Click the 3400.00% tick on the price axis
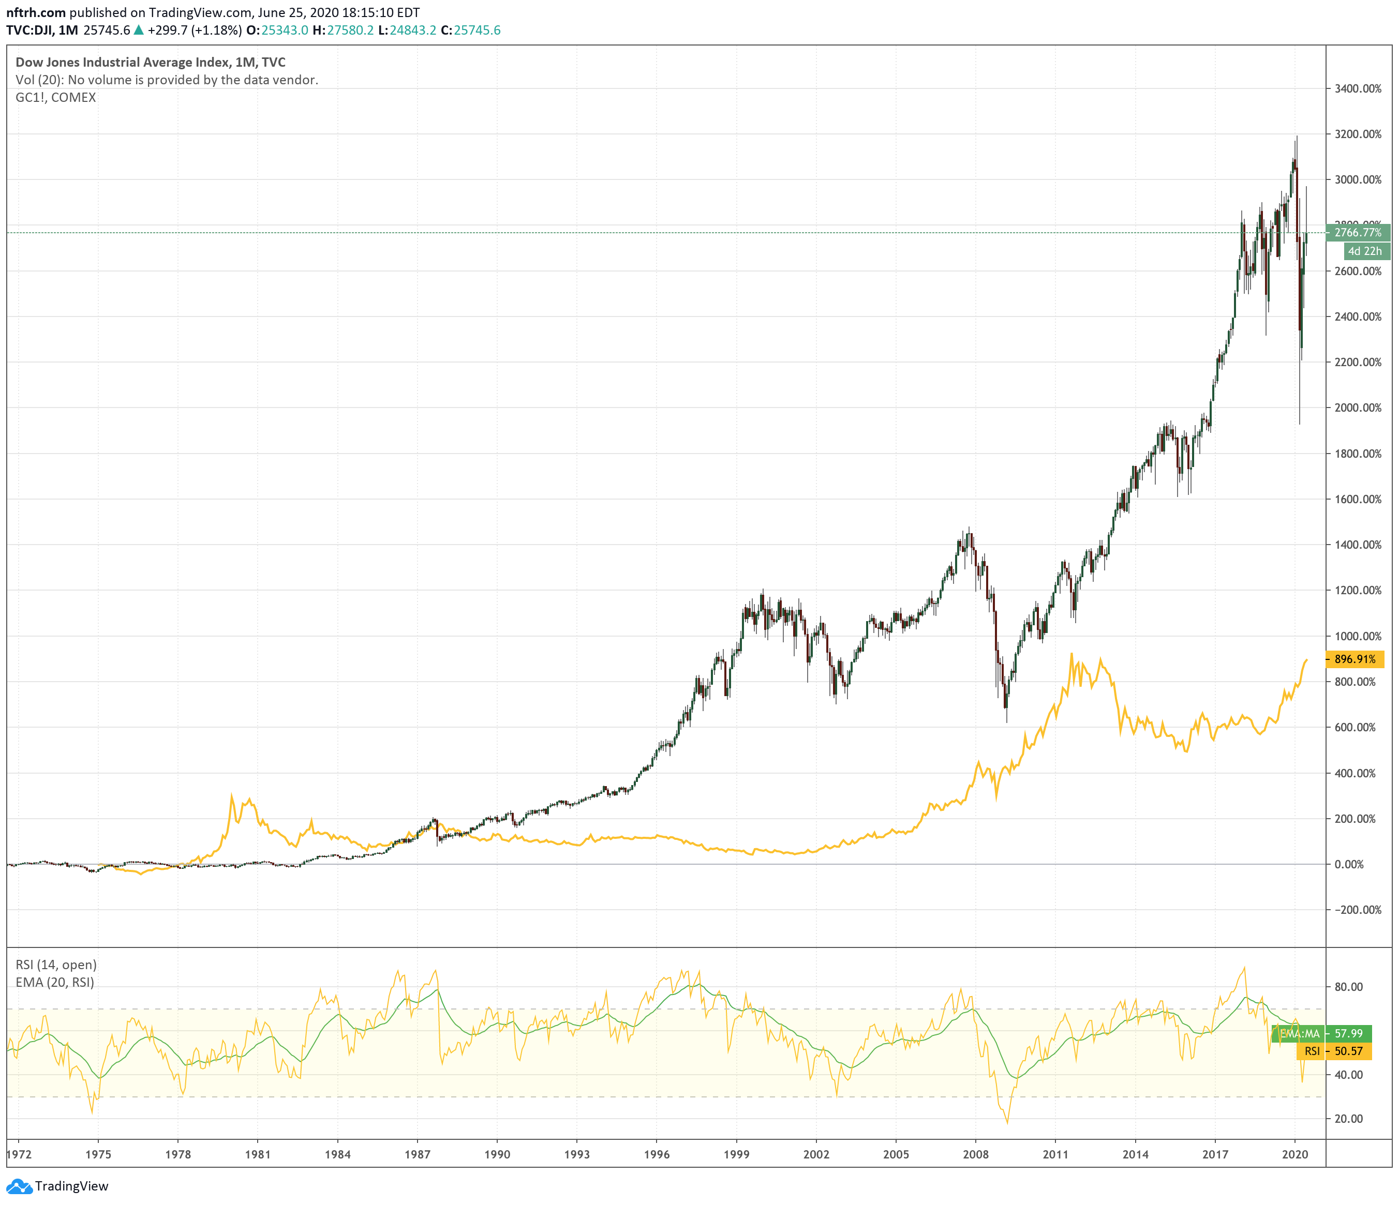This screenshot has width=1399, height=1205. [x=1357, y=88]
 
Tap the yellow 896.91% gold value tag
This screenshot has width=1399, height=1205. [x=1355, y=659]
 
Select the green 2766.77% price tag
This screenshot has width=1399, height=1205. [x=1357, y=232]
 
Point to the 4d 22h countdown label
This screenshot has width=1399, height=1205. [x=1364, y=251]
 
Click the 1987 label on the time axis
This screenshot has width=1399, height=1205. [x=418, y=1154]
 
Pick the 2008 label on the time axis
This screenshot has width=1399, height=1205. [x=976, y=1154]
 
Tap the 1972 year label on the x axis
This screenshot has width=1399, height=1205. [x=19, y=1154]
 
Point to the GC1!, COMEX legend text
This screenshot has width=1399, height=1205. [x=55, y=97]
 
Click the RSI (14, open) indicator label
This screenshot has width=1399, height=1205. [x=55, y=965]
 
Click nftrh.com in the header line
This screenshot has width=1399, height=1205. [x=36, y=12]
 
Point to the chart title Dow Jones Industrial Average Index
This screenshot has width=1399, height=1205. [x=122, y=62]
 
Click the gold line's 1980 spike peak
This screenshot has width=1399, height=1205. [x=232, y=796]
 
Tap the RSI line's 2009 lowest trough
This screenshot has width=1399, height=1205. [x=1007, y=1123]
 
